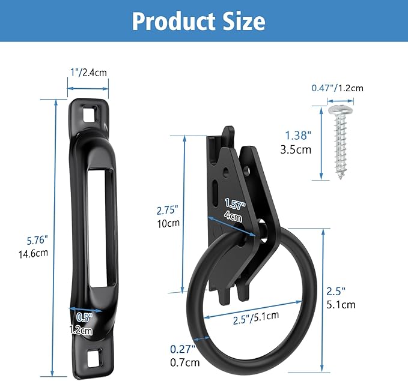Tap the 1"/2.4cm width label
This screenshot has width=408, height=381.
pos(88,73)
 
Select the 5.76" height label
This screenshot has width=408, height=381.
pos(37,240)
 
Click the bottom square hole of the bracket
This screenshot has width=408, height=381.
pos(96,358)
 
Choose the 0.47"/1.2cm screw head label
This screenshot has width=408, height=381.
pos(337,88)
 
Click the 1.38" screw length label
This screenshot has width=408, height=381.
pos(299,136)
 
